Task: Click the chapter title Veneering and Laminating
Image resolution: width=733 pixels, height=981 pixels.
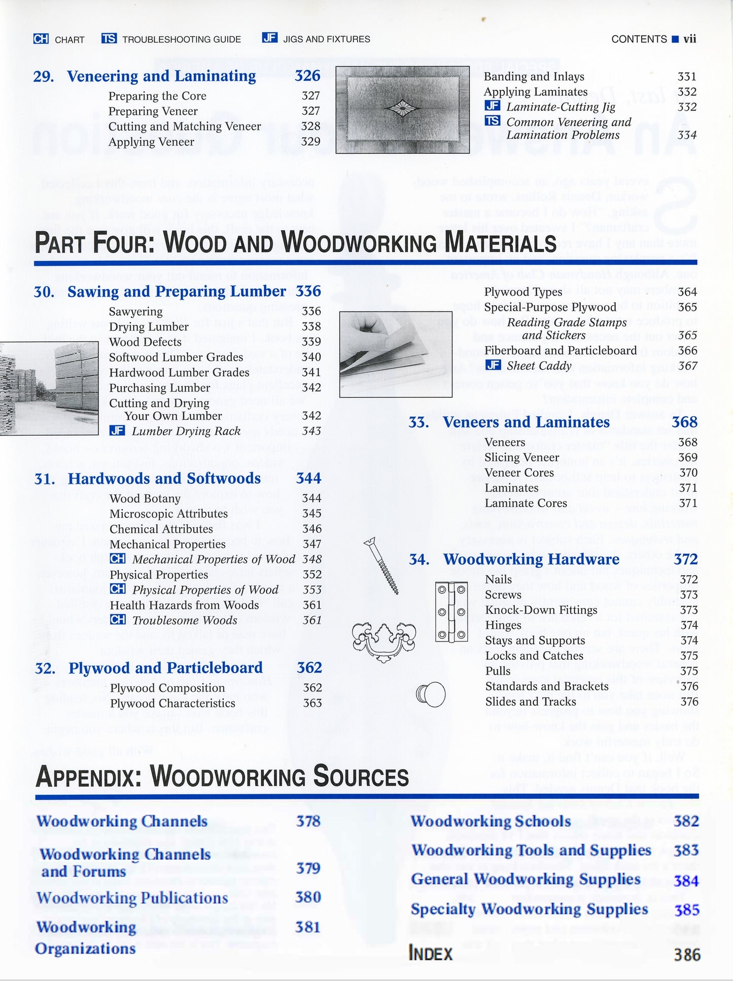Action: click(x=161, y=76)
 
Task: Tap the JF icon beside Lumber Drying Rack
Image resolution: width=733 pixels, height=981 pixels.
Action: click(x=117, y=431)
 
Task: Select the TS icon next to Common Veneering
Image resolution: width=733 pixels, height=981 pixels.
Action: click(x=492, y=121)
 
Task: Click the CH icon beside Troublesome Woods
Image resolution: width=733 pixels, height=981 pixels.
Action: click(x=118, y=619)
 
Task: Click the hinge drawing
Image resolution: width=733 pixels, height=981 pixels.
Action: click(x=451, y=612)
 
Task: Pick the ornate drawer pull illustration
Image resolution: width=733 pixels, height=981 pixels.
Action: click(x=384, y=640)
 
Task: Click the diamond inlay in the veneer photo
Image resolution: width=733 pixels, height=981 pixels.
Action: click(x=403, y=108)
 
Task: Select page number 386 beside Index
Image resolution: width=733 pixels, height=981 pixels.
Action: click(x=687, y=955)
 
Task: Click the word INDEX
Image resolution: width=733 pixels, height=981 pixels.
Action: click(x=430, y=954)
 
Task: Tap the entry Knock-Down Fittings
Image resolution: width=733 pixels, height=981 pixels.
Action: click(x=541, y=610)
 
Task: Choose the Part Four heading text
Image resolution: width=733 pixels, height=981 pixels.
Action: click(x=295, y=242)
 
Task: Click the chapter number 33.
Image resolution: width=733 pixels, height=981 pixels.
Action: click(x=418, y=422)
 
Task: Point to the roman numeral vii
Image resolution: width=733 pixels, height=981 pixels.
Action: click(x=690, y=39)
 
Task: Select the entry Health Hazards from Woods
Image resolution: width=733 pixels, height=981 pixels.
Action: click(x=184, y=605)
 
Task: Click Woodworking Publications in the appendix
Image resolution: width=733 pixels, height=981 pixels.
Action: click(x=132, y=898)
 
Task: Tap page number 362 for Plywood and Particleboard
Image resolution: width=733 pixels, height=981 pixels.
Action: click(x=309, y=668)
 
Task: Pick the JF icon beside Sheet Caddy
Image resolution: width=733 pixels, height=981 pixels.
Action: click(x=493, y=365)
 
